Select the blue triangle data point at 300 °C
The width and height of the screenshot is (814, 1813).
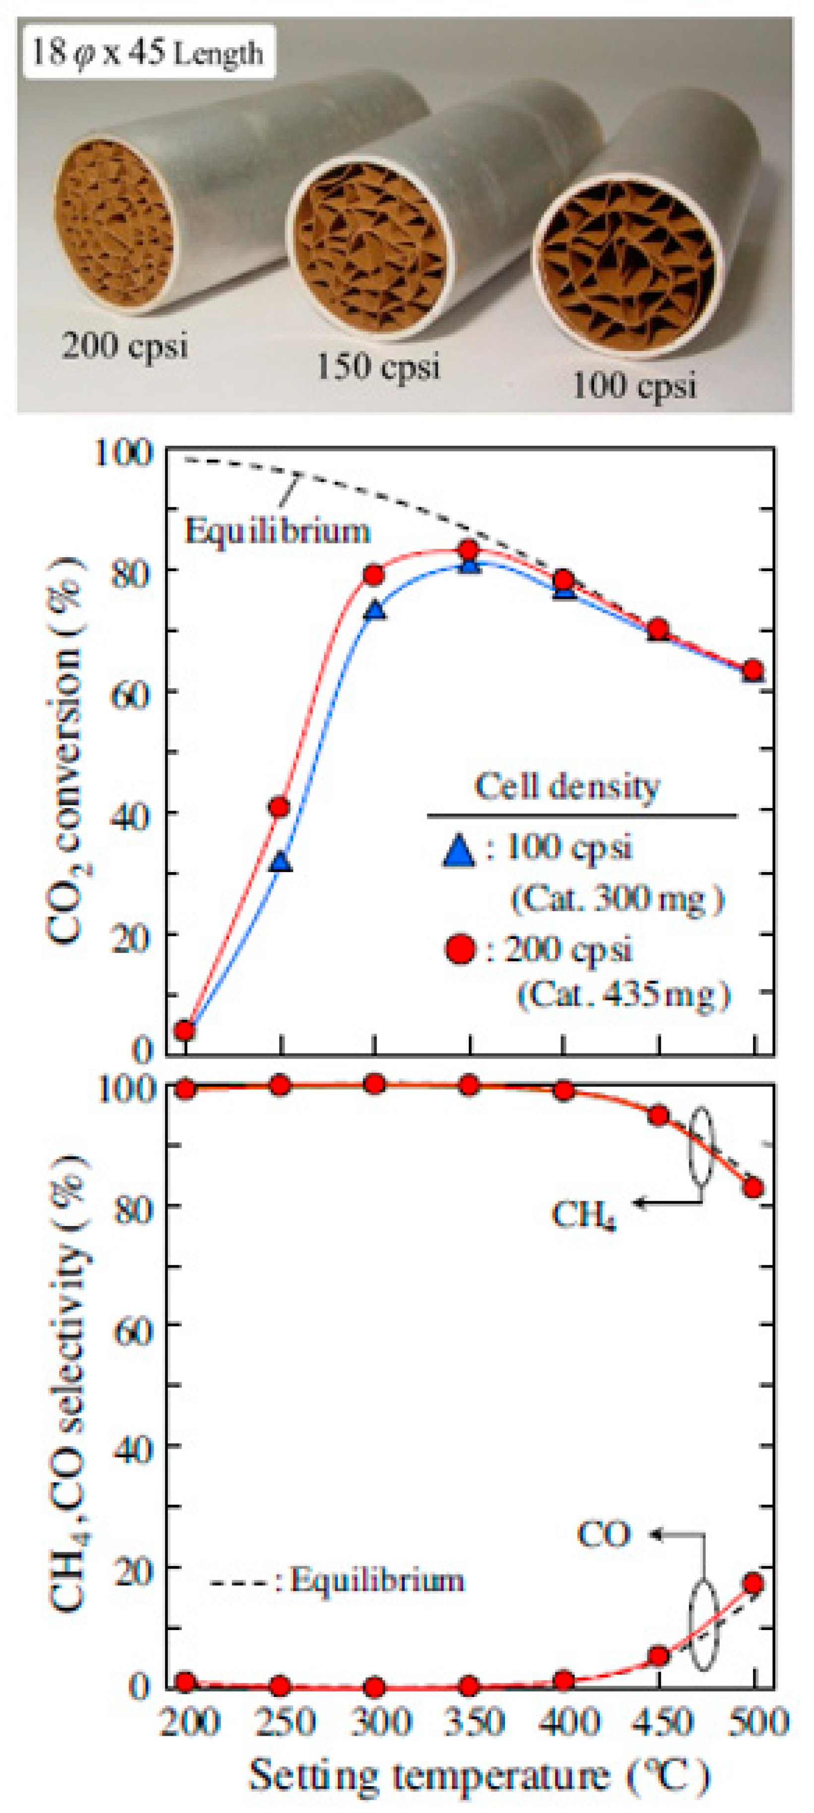point(376,610)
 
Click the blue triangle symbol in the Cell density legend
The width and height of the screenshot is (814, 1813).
point(459,850)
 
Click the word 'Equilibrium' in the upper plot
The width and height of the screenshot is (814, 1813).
point(277,530)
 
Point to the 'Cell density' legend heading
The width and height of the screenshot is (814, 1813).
point(567,787)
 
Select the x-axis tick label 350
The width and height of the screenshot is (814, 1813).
point(473,1722)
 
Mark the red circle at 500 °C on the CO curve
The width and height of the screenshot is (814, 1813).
point(752,1583)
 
